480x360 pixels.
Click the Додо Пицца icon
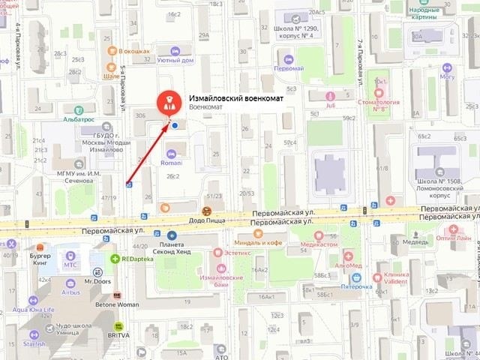tap(207, 211)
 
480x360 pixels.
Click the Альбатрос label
tap(78, 118)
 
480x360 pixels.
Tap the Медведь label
tap(415, 242)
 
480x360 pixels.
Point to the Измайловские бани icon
tap(220, 267)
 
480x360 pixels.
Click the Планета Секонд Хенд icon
tap(172, 235)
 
